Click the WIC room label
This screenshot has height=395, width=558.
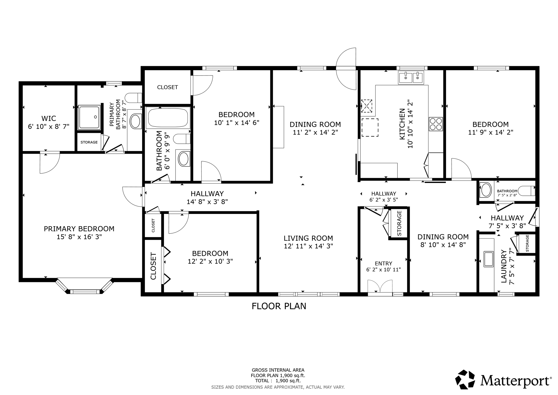click(49, 118)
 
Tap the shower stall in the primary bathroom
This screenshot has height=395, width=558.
click(89, 117)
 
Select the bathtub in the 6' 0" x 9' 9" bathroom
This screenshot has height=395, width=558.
click(168, 118)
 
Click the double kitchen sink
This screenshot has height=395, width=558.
click(411, 77)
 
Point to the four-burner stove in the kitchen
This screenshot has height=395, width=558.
click(436, 124)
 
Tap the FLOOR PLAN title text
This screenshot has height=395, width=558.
click(279, 306)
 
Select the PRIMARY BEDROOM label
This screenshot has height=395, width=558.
click(79, 229)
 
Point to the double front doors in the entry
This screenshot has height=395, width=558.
click(380, 287)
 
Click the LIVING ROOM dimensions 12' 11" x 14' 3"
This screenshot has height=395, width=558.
click(308, 246)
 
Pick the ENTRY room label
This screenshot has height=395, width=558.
click(383, 264)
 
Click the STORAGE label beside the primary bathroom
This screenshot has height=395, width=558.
click(89, 142)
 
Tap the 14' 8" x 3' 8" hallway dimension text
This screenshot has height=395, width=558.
click(207, 202)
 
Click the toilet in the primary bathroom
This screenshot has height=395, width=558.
click(134, 98)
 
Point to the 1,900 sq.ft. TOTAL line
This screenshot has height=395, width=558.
click(278, 381)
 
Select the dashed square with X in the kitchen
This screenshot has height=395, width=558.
click(367, 106)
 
